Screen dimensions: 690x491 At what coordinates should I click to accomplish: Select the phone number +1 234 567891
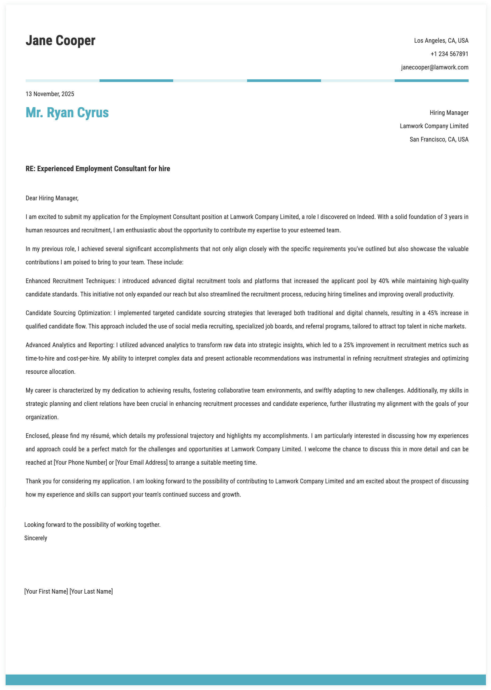[449, 54]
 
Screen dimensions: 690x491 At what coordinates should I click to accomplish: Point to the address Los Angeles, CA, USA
[441, 41]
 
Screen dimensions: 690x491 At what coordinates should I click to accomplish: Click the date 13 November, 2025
[50, 94]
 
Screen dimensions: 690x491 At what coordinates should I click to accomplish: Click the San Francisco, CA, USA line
[439, 139]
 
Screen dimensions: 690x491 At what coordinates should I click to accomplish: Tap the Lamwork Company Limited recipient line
[434, 126]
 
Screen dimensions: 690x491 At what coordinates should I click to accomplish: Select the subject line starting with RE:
[98, 169]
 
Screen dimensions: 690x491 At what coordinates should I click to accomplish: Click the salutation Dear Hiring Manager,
[52, 198]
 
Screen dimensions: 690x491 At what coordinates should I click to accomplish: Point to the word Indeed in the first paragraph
[366, 217]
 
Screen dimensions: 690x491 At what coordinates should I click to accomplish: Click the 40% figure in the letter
[384, 281]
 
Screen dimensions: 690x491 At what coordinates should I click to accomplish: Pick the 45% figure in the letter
[433, 313]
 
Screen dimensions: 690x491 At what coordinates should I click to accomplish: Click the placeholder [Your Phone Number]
[80, 462]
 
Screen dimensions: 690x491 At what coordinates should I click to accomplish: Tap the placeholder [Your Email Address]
[141, 462]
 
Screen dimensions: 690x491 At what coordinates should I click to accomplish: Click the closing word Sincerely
[36, 538]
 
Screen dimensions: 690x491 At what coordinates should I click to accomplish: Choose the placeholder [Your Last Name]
[91, 591]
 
